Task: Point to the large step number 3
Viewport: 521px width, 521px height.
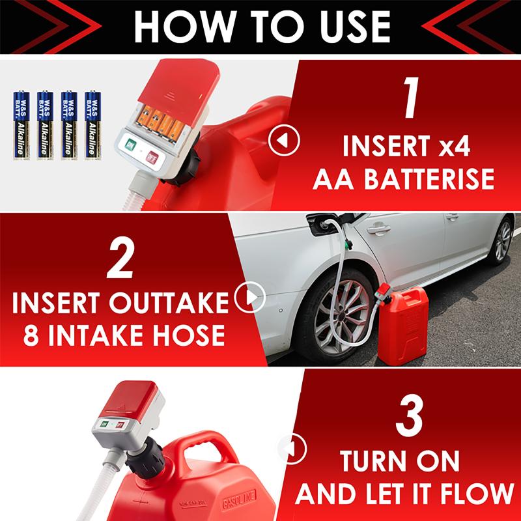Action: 410,419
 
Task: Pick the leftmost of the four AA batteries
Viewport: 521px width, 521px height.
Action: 21,124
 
